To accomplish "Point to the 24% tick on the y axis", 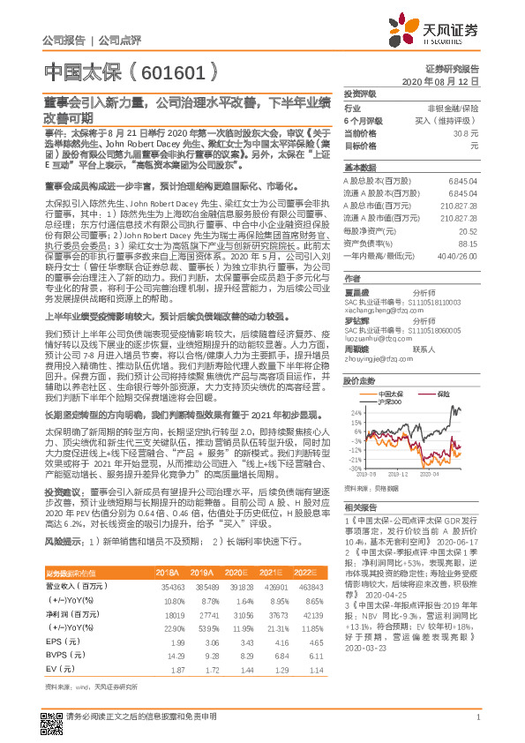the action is coord(355,412).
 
